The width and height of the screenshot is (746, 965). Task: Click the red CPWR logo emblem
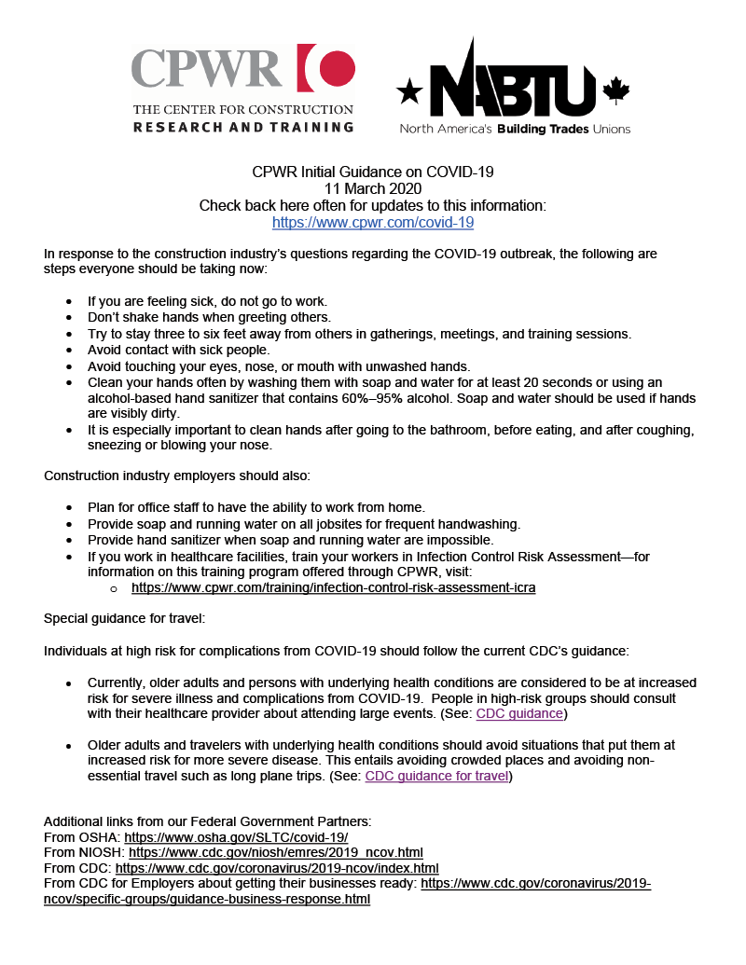326,70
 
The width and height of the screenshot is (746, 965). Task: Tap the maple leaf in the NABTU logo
616,90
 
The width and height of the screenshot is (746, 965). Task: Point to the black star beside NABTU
409,91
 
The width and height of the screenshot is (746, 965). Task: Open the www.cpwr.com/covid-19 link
373,223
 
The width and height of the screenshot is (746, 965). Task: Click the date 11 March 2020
373,189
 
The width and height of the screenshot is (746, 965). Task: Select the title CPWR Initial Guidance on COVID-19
373,172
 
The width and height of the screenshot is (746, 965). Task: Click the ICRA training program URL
333,588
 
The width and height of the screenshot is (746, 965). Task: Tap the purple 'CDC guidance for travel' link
436,776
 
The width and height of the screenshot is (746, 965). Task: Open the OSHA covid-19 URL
236,837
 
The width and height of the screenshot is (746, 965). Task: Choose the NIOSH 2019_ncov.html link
276,852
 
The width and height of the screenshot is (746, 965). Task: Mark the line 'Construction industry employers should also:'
177,476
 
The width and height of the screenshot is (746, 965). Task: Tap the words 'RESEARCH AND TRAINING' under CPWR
243,127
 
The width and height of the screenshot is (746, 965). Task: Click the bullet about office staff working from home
256,508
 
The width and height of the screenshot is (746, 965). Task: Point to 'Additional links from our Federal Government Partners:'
208,821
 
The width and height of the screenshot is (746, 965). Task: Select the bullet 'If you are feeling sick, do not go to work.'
207,301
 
